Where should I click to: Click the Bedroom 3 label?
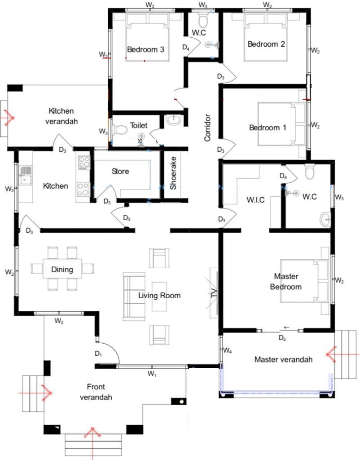[145, 49]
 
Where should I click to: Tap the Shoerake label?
[173, 173]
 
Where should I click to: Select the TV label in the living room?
[214, 293]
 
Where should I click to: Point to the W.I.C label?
[255, 200]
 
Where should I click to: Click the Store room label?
[120, 171]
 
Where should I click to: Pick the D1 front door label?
[98, 354]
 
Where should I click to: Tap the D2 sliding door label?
[282, 338]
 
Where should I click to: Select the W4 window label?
[228, 350]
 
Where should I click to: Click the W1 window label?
[152, 374]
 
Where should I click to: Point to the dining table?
[62, 268]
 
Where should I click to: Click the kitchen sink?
[25, 176]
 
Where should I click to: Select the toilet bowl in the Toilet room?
[119, 130]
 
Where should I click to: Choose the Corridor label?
[207, 128]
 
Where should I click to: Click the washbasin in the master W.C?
[325, 219]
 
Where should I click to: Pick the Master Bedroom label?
[286, 281]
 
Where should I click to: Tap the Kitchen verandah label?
[61, 116]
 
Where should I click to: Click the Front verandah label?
[96, 392]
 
